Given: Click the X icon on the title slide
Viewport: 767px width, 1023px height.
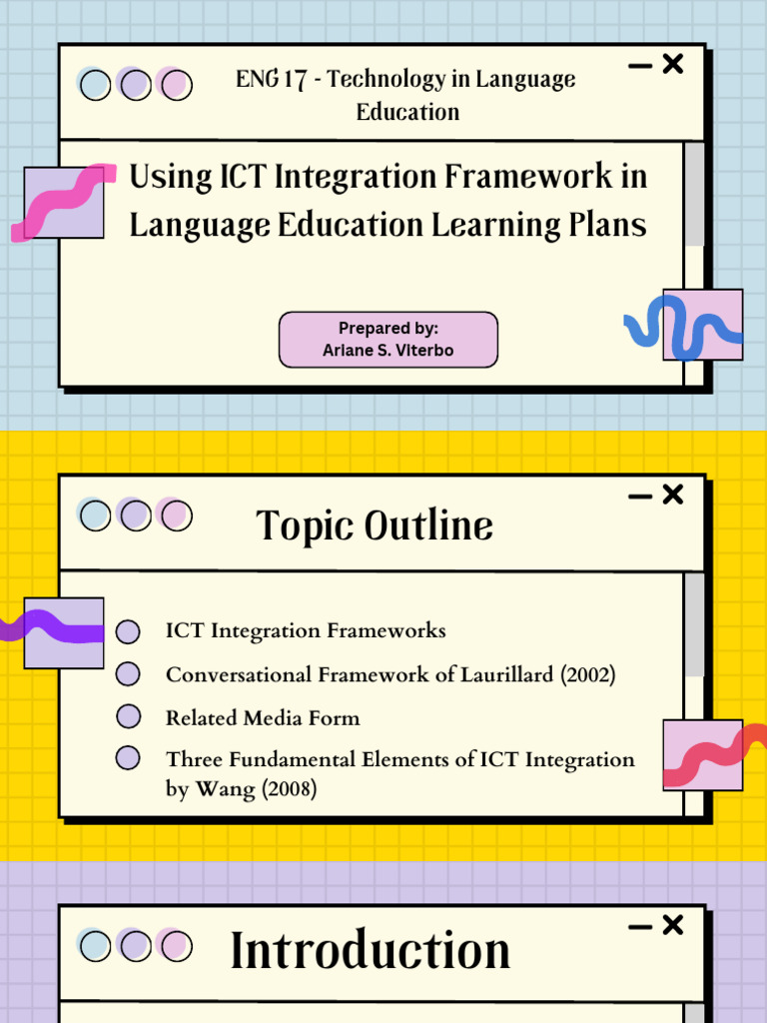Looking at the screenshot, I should click(x=673, y=65).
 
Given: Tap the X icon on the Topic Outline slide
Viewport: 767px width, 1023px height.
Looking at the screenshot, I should click(x=673, y=495).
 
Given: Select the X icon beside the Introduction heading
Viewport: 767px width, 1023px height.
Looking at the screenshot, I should click(x=673, y=925).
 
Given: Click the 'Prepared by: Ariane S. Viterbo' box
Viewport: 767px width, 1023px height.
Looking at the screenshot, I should click(x=387, y=340).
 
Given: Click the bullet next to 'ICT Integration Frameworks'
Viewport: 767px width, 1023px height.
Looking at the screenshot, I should click(x=128, y=631).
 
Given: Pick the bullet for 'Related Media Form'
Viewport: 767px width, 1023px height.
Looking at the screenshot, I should click(x=128, y=716).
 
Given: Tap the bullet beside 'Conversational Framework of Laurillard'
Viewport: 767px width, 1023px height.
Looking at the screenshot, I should click(x=128, y=673).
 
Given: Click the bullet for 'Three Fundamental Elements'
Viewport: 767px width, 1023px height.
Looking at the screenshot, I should click(x=128, y=758).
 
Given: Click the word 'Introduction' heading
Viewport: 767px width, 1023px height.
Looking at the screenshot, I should click(x=371, y=950).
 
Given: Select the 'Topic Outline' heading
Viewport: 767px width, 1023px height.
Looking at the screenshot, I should click(x=375, y=525).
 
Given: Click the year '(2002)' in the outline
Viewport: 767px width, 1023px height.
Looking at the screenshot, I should click(x=587, y=675).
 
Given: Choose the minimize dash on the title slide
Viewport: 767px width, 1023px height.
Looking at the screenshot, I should click(x=640, y=66).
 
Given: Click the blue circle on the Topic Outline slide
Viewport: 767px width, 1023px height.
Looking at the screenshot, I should click(x=95, y=515).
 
